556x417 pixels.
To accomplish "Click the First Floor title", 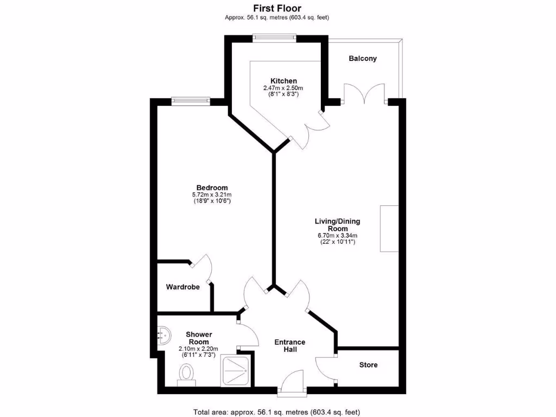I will (277, 8).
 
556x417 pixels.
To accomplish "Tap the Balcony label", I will (363, 59).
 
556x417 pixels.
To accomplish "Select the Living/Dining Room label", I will (337, 225).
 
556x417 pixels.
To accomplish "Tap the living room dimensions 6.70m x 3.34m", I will (337, 236).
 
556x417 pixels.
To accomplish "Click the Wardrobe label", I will (183, 287).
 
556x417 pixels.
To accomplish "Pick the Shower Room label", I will (199, 338).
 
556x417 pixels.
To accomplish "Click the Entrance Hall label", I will (289, 346).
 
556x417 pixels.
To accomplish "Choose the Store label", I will (368, 365).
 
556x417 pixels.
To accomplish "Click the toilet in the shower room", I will (187, 374).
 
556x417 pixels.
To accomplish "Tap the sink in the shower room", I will (163, 335).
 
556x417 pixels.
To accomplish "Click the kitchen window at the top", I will (274, 37).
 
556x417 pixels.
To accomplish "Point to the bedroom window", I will (191, 100).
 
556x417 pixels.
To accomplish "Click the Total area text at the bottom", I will (277, 412).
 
